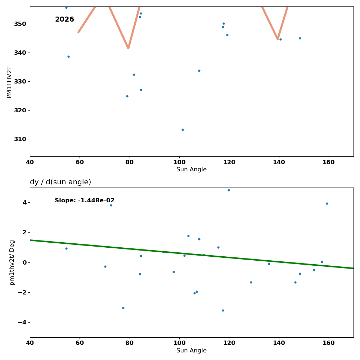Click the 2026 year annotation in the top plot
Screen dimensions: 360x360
pyautogui.click(x=64, y=19)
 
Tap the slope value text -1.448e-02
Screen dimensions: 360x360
pyautogui.click(x=85, y=201)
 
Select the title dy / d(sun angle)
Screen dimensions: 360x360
pyautogui.click(x=60, y=182)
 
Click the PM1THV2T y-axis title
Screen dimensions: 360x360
pyautogui.click(x=9, y=82)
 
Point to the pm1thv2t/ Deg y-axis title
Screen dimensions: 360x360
pyautogui.click(x=12, y=262)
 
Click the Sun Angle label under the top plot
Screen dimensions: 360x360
pyautogui.click(x=192, y=170)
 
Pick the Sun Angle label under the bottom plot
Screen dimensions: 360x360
pyautogui.click(x=192, y=351)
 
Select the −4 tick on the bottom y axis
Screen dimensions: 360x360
pyautogui.click(x=22, y=322)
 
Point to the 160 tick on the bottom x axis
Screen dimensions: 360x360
pyautogui.click(x=329, y=343)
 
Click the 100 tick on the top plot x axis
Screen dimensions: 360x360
pyautogui.click(x=179, y=162)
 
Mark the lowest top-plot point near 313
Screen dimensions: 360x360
pyautogui.click(x=183, y=130)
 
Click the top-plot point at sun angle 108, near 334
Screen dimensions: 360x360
pyautogui.click(x=199, y=71)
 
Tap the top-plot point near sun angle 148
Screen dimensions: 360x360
pyautogui.click(x=300, y=38)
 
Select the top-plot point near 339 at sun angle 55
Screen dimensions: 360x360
pyautogui.click(x=68, y=57)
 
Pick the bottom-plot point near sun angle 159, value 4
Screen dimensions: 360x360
pyautogui.click(x=327, y=203)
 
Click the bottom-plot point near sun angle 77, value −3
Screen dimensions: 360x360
pyautogui.click(x=123, y=308)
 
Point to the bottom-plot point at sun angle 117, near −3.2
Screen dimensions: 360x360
pyautogui.click(x=223, y=310)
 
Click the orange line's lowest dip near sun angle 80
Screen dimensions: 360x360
pyautogui.click(x=128, y=48)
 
